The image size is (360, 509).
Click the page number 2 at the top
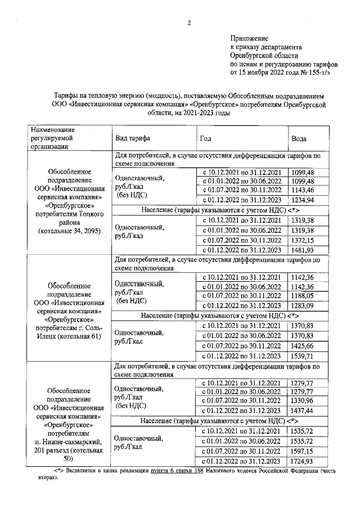[x=190, y=23]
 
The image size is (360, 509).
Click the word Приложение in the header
[x=249, y=38]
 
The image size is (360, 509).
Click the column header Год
[x=205, y=138]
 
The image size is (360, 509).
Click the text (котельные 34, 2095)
[x=69, y=232]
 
